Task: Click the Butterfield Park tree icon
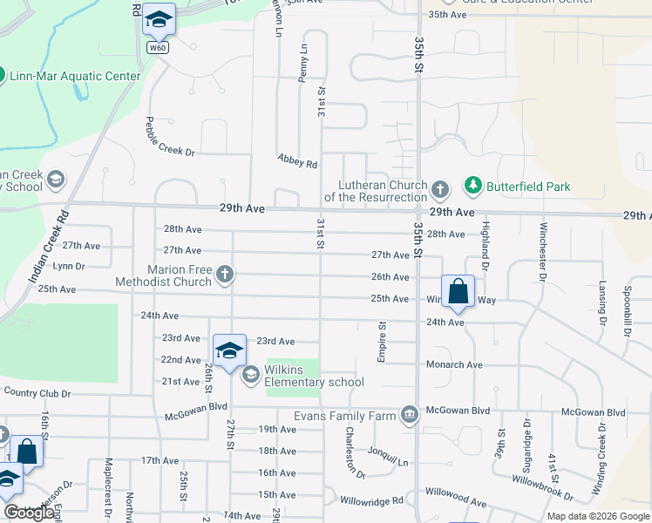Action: (x=472, y=185)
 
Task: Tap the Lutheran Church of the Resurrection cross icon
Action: (x=440, y=189)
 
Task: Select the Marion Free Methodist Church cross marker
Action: (x=225, y=275)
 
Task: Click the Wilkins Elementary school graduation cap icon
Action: (x=251, y=375)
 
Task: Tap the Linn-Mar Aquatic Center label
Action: (x=75, y=76)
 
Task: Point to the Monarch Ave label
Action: (x=454, y=364)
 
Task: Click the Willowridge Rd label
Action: (x=371, y=501)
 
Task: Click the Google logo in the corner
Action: (x=29, y=513)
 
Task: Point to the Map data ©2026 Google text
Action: (x=598, y=516)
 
